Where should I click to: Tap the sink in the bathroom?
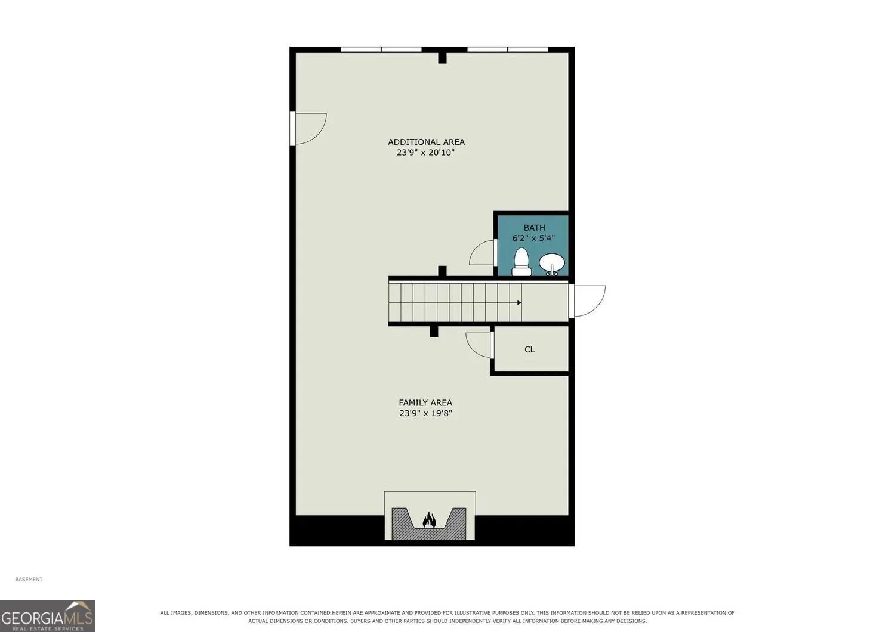(552, 264)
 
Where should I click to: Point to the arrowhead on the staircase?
(519, 303)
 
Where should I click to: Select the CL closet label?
(529, 349)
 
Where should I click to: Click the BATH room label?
(534, 228)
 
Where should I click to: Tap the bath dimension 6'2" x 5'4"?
(533, 238)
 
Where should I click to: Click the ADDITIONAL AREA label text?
(426, 142)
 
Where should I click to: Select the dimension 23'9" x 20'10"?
(425, 152)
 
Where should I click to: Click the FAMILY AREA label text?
(425, 403)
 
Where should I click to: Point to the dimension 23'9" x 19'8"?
(425, 413)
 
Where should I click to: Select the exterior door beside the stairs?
(587, 302)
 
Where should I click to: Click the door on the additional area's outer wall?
(308, 128)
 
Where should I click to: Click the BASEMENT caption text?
(29, 579)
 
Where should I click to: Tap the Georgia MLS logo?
(48, 616)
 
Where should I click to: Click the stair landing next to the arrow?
(545, 303)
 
